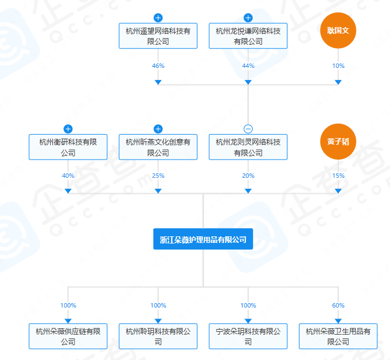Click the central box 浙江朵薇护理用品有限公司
tap(203, 239)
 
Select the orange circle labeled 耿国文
tap(338, 31)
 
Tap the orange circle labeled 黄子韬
tap(338, 141)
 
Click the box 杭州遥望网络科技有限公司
tap(158, 36)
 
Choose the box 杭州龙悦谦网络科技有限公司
tap(248, 36)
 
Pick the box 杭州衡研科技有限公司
tap(68, 147)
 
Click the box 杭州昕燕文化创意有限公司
tap(158, 147)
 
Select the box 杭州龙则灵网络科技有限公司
tap(248, 147)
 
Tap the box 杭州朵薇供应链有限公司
tap(68, 336)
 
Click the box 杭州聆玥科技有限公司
tap(158, 336)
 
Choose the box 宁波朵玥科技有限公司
tap(248, 336)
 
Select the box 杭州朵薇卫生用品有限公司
tap(338, 336)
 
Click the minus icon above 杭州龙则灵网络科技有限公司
tap(248, 129)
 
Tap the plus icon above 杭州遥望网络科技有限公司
tap(158, 18)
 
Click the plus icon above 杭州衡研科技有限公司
tap(68, 129)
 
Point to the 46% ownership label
tap(158, 66)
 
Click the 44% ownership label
tap(248, 66)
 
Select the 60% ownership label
tap(338, 305)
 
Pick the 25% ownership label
tap(158, 176)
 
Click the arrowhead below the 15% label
tap(338, 191)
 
